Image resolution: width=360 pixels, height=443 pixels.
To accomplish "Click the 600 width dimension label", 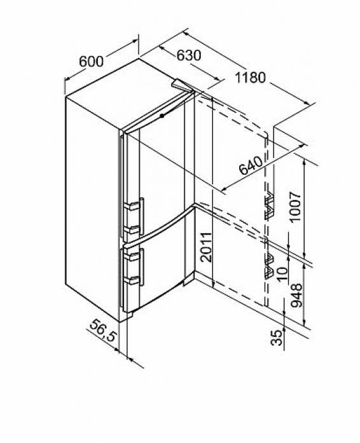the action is tap(92, 62).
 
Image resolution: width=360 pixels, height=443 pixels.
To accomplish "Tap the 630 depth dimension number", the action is tap(189, 55).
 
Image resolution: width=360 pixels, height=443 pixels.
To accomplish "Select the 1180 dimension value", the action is tap(250, 78).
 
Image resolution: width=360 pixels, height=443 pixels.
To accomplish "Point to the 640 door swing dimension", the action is tap(251, 165).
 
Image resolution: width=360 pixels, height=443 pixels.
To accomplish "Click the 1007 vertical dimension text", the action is tap(295, 207).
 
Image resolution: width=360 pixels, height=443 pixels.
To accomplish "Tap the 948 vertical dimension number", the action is tap(296, 296).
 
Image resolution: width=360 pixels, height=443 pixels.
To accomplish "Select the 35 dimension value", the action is tap(277, 337).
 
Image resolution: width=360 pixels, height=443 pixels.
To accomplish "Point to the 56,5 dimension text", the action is tap(103, 331).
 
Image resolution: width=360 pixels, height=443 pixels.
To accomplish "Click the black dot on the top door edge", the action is tap(162, 116).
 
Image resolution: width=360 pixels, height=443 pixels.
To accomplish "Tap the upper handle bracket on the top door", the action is tap(133, 205).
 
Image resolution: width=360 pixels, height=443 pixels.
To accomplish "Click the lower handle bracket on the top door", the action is tap(133, 229).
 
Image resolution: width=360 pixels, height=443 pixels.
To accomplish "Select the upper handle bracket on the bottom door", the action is tap(133, 256).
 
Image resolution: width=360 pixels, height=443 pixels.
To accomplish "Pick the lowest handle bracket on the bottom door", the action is tap(133, 280).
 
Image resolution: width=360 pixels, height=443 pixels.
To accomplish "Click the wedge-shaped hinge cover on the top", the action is tap(182, 85).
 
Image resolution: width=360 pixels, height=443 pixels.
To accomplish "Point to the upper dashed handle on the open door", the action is tap(269, 205).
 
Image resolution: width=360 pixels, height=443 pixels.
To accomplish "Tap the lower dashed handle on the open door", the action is tap(269, 267).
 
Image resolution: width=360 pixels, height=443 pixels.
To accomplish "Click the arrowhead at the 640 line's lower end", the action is tap(223, 188).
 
